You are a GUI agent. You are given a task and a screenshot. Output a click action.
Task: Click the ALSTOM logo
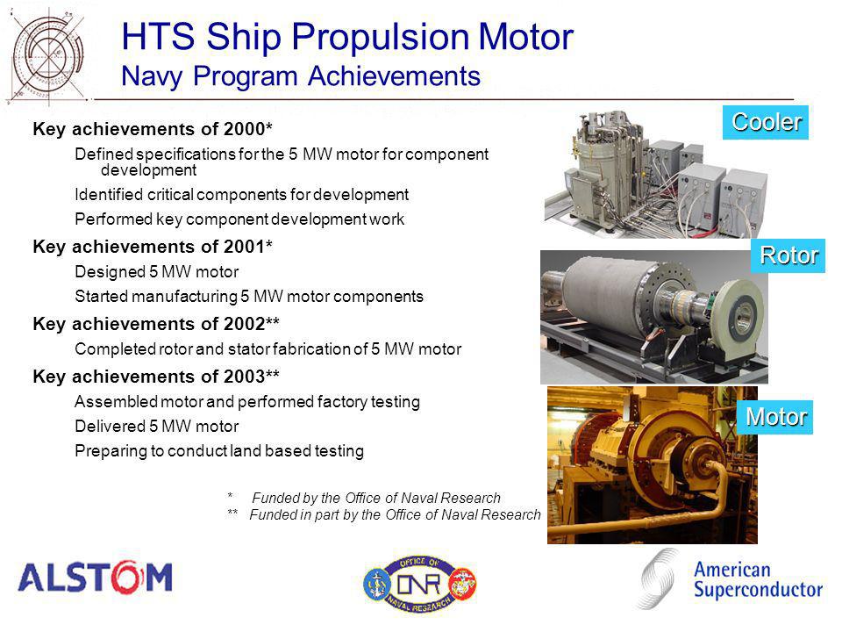point(95,578)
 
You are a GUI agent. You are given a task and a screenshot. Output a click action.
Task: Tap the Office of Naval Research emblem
point(419,585)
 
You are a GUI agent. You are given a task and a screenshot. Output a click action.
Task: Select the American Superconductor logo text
point(758,579)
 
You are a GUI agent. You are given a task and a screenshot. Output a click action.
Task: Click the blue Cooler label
point(765,123)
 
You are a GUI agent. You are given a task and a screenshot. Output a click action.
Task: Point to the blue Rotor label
point(788,255)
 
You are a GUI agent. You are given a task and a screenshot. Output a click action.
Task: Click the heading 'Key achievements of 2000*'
point(153,129)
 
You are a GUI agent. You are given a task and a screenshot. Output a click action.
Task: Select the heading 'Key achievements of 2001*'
point(153,247)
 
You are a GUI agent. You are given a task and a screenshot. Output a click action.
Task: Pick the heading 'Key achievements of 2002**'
point(156,324)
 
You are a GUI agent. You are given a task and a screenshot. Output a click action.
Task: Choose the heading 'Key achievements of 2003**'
point(156,377)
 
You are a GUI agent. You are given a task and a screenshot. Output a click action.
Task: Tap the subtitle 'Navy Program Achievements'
point(301,75)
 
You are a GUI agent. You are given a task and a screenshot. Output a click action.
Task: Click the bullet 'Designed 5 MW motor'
point(157,272)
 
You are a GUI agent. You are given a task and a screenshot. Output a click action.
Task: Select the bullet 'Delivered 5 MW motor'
point(157,427)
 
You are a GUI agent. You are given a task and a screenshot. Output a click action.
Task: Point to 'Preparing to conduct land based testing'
point(219,451)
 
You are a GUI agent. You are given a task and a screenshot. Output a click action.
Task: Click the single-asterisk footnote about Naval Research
point(364,498)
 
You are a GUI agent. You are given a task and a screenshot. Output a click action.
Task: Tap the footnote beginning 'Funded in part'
point(384,515)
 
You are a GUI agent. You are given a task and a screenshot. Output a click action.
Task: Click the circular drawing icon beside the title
point(47,56)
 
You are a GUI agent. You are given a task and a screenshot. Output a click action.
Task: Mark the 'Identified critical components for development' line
point(242,195)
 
